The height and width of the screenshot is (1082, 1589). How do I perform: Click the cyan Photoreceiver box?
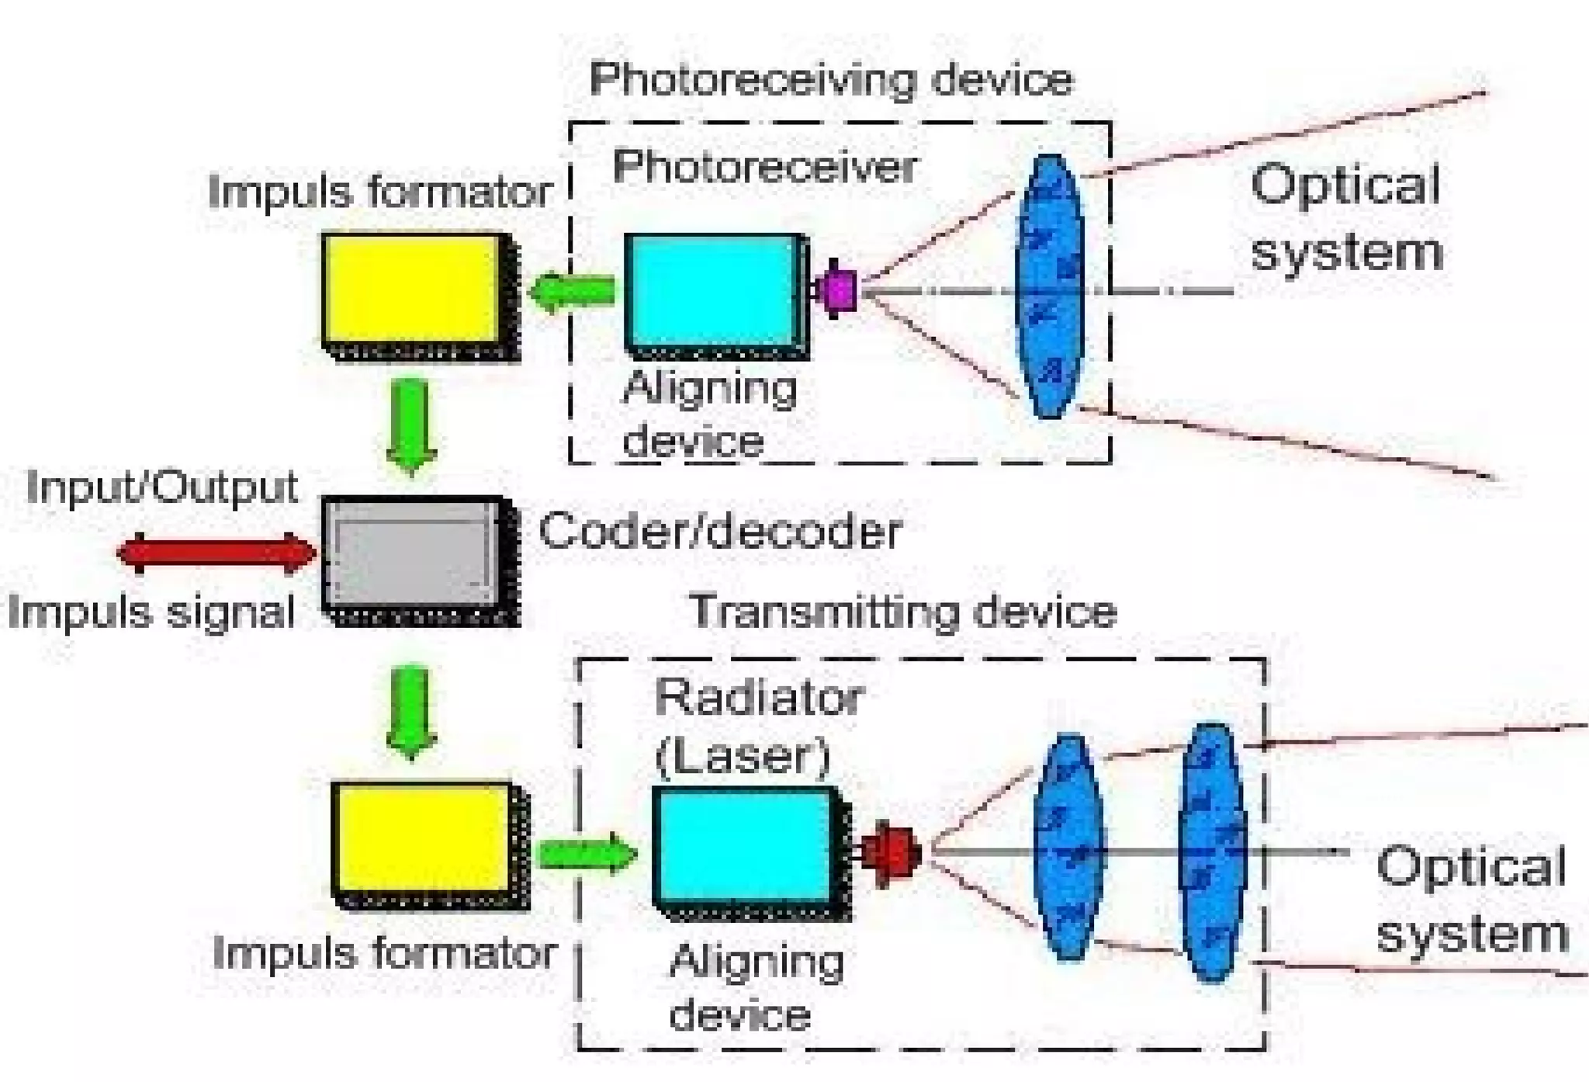pos(711,290)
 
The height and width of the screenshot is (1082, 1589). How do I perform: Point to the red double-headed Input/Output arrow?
pos(217,553)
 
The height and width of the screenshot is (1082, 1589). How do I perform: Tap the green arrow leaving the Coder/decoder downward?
pos(411,711)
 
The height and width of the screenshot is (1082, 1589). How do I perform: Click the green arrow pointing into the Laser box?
pos(587,853)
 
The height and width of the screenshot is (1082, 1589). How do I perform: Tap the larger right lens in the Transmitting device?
pos(1211,852)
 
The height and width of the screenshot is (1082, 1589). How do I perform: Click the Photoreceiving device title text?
pos(830,79)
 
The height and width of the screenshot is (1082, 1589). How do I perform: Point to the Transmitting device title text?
pos(902,612)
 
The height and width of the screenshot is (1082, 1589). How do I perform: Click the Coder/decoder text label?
pos(719,532)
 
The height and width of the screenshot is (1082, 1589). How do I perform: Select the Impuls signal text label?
pos(151,612)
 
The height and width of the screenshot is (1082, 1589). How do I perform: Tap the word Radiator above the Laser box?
pos(758,698)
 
